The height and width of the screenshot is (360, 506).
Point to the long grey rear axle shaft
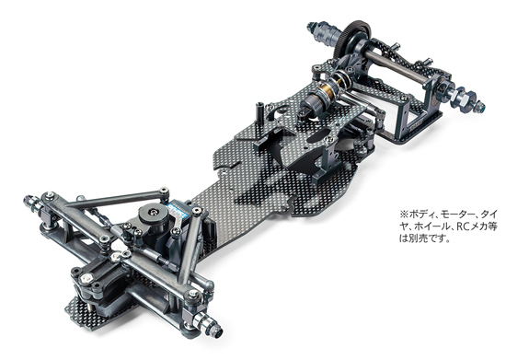(x=399, y=69)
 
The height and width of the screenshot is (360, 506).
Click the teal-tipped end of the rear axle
(x=481, y=105)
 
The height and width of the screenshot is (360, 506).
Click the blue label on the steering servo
(x=178, y=210)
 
